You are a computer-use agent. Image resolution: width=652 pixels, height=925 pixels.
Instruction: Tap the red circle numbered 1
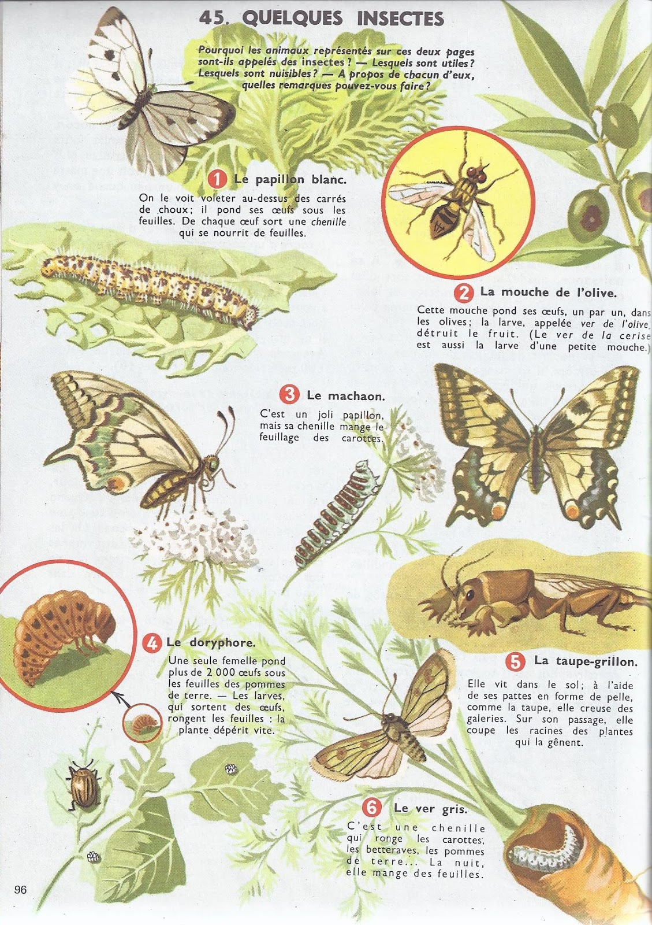(x=218, y=180)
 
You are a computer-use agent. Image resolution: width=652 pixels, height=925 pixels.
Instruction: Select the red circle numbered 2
(x=464, y=293)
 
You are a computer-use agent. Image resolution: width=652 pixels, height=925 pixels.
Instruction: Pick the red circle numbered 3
(x=290, y=395)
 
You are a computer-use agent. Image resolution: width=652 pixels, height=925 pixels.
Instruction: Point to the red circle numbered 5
(x=515, y=662)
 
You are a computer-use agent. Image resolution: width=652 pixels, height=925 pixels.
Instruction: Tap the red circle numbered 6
(x=371, y=807)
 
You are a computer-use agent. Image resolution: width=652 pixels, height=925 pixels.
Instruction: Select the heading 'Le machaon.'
(x=345, y=395)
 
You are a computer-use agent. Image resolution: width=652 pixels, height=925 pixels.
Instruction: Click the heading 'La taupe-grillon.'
(x=586, y=661)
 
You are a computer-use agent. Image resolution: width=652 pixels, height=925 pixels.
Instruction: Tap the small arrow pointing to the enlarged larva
(x=122, y=697)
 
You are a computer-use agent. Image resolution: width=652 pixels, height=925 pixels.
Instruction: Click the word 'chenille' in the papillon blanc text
(x=328, y=221)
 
